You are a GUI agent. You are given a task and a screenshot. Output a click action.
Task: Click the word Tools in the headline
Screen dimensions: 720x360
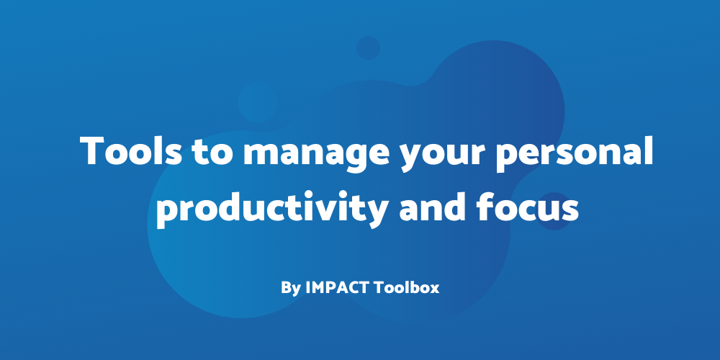130,151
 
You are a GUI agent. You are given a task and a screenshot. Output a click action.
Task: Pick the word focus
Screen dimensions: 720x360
527,207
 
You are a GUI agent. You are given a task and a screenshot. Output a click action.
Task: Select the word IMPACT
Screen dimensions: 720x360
338,287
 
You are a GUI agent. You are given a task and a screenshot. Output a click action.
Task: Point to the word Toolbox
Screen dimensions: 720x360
406,287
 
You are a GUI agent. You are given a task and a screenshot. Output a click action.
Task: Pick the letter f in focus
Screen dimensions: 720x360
485,206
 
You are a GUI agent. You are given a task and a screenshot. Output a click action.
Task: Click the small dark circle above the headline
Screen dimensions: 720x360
368,48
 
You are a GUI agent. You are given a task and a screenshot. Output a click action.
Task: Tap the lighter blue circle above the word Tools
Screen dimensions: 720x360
258,102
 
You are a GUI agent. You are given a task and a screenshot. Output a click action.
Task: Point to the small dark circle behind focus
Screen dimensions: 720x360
554,211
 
